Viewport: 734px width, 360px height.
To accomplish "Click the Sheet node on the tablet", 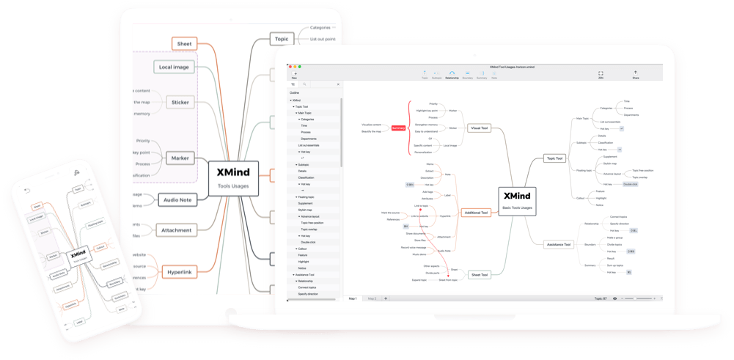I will tap(186, 44).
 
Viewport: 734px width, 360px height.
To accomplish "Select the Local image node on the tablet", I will tap(173, 67).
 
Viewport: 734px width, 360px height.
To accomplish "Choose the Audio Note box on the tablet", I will tap(177, 199).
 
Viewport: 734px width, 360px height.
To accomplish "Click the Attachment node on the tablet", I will tap(176, 230).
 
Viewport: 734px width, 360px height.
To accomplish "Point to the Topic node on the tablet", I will tap(281, 39).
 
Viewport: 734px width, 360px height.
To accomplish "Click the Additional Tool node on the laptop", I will tap(477, 213).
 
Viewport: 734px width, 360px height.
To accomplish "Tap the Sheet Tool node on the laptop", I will tap(480, 274).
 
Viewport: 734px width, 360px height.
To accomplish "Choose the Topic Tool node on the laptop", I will tap(554, 158).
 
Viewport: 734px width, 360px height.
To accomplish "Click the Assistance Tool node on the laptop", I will tap(559, 244).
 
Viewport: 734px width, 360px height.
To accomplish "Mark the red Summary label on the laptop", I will tap(398, 128).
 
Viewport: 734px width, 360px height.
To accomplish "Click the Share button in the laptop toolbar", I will tap(635, 74).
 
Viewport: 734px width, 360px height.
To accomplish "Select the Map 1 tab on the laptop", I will tap(353, 298).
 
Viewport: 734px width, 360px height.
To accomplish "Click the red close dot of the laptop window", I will tap(290, 66).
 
